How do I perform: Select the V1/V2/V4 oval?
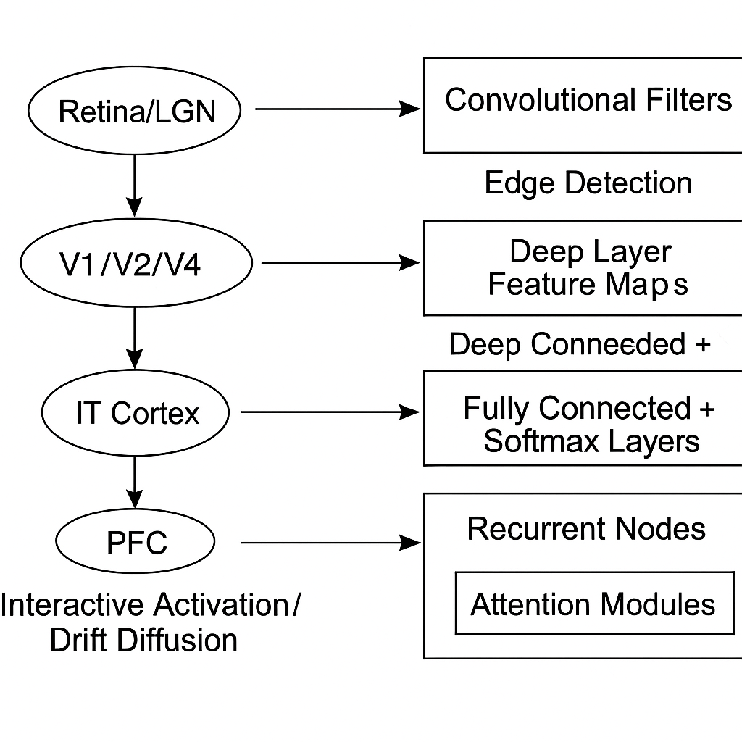click(136, 264)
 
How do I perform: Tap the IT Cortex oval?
click(136, 413)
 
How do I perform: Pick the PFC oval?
click(136, 542)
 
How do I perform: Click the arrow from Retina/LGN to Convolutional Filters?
click(337, 109)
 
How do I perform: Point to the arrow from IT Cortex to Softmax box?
click(330, 412)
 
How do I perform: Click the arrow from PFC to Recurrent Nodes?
click(330, 542)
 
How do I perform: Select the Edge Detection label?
click(588, 183)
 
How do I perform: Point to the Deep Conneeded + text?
click(580, 344)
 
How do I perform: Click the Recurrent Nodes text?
click(586, 529)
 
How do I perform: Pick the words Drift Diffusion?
click(143, 640)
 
